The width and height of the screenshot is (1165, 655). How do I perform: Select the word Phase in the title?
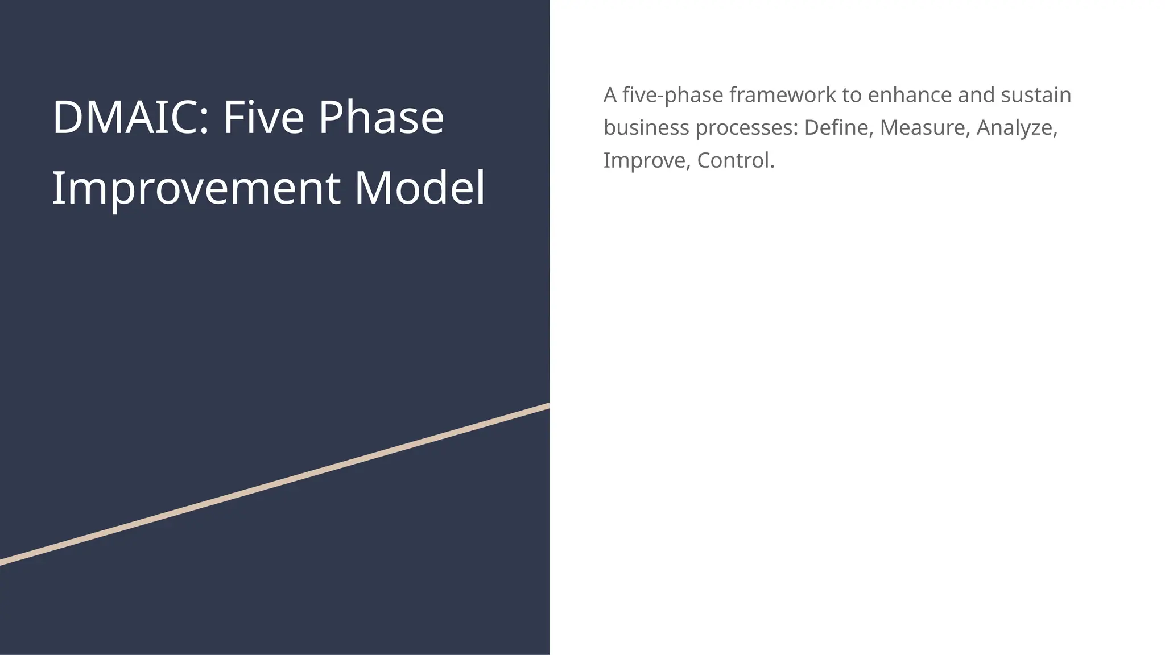click(x=381, y=118)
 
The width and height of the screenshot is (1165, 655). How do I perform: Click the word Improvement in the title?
click(x=196, y=188)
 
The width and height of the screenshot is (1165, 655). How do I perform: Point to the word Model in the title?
click(x=420, y=188)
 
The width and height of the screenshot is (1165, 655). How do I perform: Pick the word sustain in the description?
click(x=1036, y=95)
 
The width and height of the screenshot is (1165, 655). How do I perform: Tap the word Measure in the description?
click(x=925, y=128)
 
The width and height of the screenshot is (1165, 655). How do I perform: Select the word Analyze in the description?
click(x=1017, y=128)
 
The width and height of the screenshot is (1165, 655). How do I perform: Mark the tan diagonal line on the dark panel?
click(x=275, y=484)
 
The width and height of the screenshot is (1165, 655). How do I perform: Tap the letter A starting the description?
click(x=610, y=95)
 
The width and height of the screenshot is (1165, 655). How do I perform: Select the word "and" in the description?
click(x=976, y=95)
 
